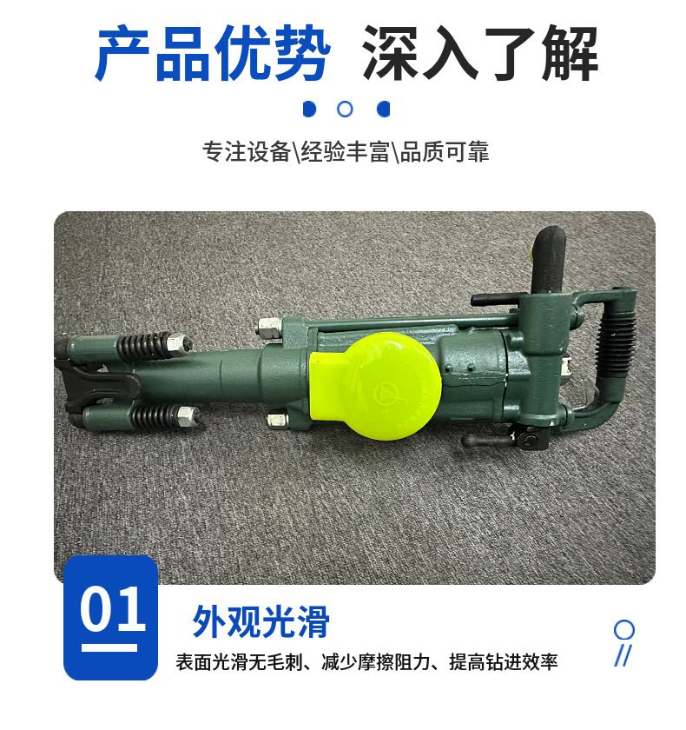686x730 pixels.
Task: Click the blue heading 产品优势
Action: (x=213, y=54)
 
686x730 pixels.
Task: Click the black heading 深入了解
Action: (x=480, y=54)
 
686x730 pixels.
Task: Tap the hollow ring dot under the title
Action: (x=345, y=109)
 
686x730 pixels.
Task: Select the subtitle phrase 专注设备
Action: (x=247, y=151)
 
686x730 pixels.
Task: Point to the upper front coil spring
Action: (x=142, y=346)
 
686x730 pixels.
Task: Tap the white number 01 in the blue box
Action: (x=112, y=609)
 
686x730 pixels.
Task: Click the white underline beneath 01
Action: (x=109, y=647)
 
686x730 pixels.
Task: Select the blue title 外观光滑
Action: (x=261, y=621)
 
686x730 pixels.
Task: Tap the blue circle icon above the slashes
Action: (x=623, y=630)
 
